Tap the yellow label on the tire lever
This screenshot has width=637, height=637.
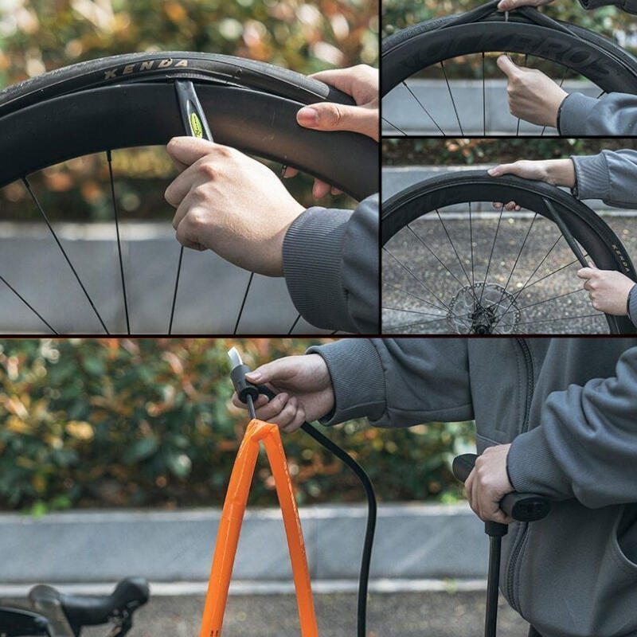196,123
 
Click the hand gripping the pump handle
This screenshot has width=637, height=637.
487,482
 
